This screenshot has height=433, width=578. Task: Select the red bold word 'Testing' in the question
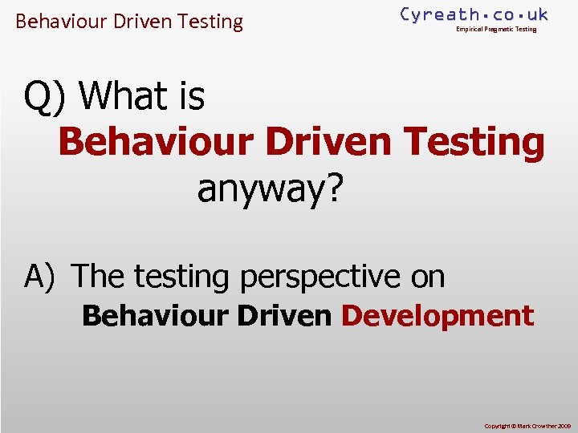coord(475,143)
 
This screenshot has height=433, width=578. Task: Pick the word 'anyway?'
coord(270,188)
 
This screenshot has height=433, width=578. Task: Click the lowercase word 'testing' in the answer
coord(181,277)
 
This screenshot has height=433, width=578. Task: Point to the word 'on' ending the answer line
coord(428,277)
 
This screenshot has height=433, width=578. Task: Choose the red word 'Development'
coord(438,316)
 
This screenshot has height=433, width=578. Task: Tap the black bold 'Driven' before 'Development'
coord(285,316)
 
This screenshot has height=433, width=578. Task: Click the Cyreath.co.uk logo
coord(474,14)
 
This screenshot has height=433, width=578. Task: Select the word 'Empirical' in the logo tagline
coord(470,30)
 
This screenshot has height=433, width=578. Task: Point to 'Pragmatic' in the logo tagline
coord(499,30)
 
